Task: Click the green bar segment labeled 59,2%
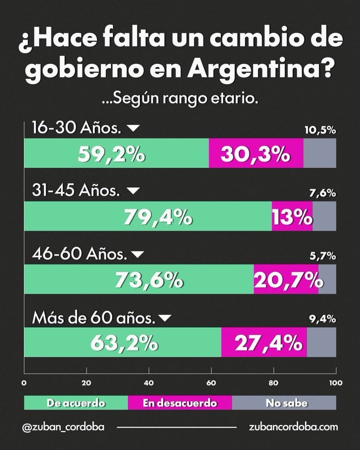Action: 116,153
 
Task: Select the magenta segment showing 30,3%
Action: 255,153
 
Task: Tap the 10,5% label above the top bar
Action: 320,130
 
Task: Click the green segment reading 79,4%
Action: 147,216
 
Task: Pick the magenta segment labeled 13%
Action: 292,216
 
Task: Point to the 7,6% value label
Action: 322,193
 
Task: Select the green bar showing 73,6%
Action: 138,279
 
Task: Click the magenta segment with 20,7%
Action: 286,279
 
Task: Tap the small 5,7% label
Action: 322,256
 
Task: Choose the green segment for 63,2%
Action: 122,342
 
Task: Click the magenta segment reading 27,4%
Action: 264,342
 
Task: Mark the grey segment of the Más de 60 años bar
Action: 321,342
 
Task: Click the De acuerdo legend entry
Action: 76,402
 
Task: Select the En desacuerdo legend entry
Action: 180,402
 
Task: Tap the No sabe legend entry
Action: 284,402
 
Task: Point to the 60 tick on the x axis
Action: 211,383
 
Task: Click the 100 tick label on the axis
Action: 335,383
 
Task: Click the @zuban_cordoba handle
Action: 63,427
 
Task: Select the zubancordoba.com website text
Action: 293,427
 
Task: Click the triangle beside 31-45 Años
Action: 133,191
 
